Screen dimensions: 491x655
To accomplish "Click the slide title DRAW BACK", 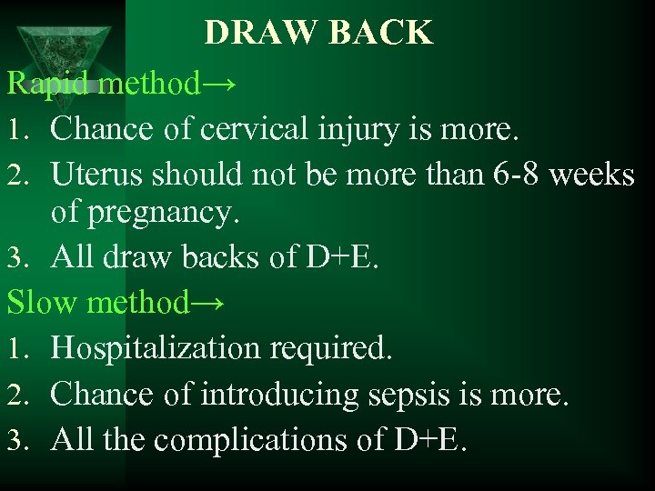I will [318, 33].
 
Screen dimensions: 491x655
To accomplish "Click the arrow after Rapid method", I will [220, 84].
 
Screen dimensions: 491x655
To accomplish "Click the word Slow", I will [43, 302].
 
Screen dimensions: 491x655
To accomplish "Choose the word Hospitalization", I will [158, 348].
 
